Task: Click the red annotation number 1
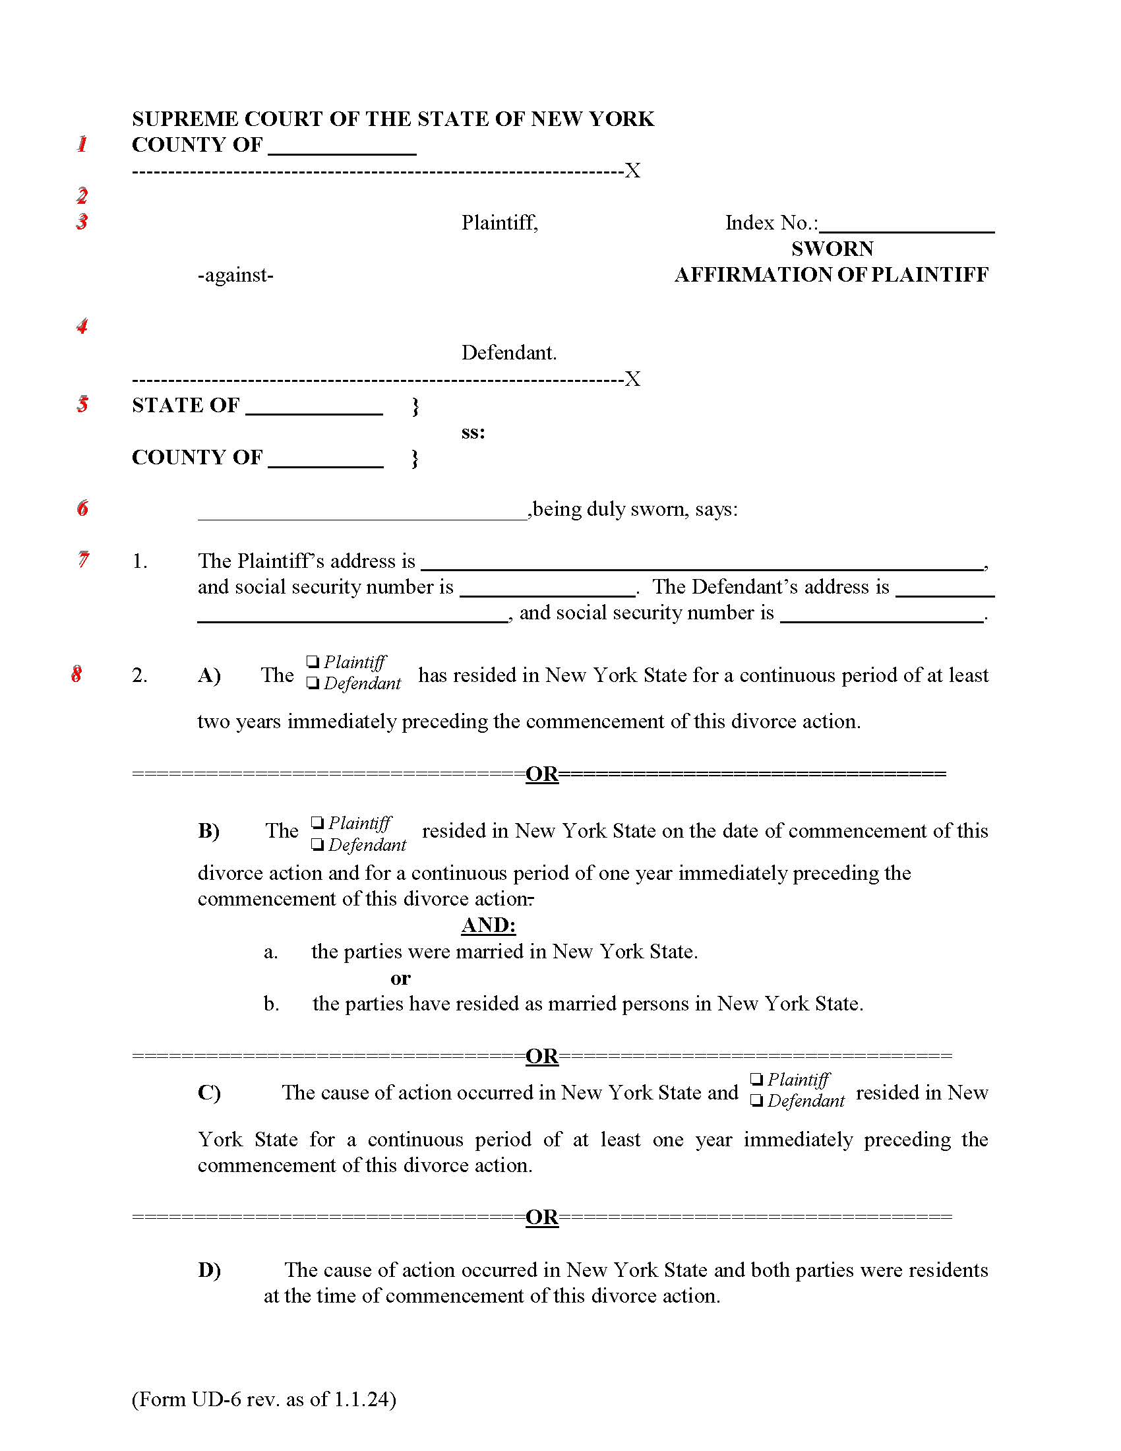click(82, 144)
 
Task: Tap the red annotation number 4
click(82, 326)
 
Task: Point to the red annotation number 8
click(77, 673)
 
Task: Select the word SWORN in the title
click(832, 249)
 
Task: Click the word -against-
click(235, 274)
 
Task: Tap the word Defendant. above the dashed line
click(508, 352)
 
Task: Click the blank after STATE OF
click(314, 406)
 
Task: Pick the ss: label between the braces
click(473, 433)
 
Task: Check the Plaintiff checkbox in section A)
click(313, 661)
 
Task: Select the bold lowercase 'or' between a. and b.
click(400, 977)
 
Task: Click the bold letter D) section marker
click(209, 1270)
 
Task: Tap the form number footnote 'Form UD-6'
click(264, 1398)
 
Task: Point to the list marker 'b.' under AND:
click(271, 1003)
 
